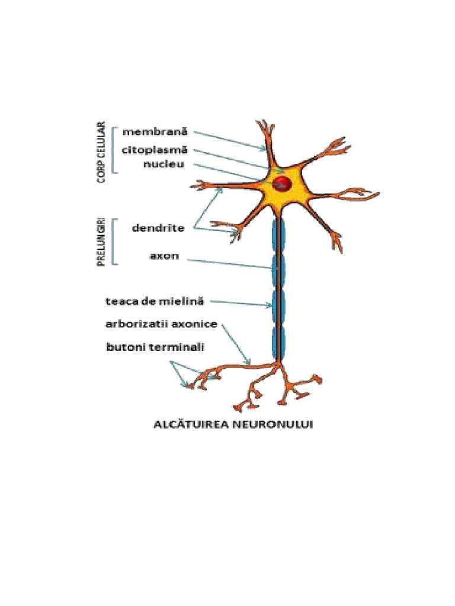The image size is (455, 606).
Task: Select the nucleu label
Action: tap(165, 164)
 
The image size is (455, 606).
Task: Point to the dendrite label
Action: tap(158, 227)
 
